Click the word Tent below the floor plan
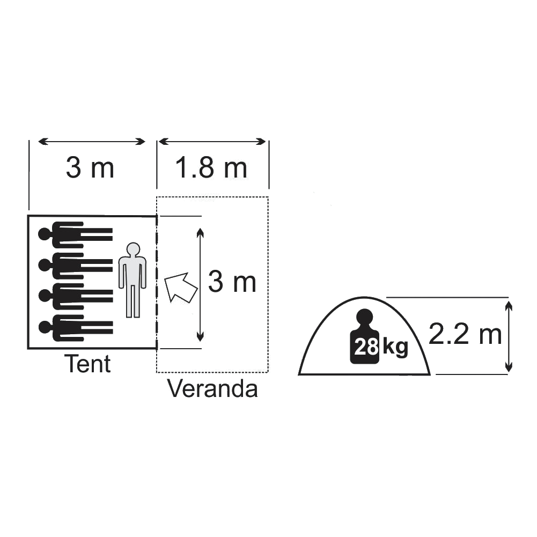point(89,364)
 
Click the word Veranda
point(212,389)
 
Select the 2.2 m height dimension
point(465,335)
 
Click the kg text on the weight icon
point(395,348)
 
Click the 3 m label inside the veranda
point(232,282)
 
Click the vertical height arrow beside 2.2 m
point(509,336)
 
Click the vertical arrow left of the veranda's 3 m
point(200,284)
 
